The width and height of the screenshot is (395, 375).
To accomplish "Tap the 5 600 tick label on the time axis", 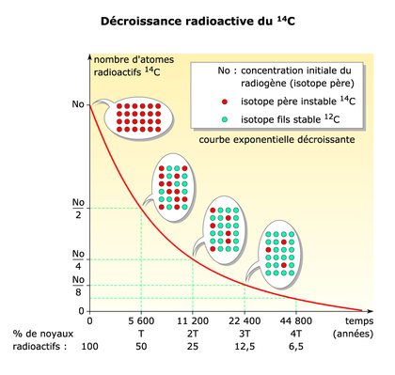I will [141, 321].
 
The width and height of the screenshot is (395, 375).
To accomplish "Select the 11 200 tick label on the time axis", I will [193, 321].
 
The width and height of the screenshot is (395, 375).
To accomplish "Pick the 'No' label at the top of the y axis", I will [77, 104].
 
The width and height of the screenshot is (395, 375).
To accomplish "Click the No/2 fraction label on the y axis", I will [77, 207].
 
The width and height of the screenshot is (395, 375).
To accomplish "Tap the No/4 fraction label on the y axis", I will [77, 259].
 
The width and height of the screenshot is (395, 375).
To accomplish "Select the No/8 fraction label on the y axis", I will [77, 286].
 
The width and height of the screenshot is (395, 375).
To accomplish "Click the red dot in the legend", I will [224, 99].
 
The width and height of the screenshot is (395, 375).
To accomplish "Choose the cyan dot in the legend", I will [224, 118].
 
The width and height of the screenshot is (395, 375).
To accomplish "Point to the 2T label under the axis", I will [193, 334].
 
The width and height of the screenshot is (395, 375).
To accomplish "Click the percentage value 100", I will [90, 348].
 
